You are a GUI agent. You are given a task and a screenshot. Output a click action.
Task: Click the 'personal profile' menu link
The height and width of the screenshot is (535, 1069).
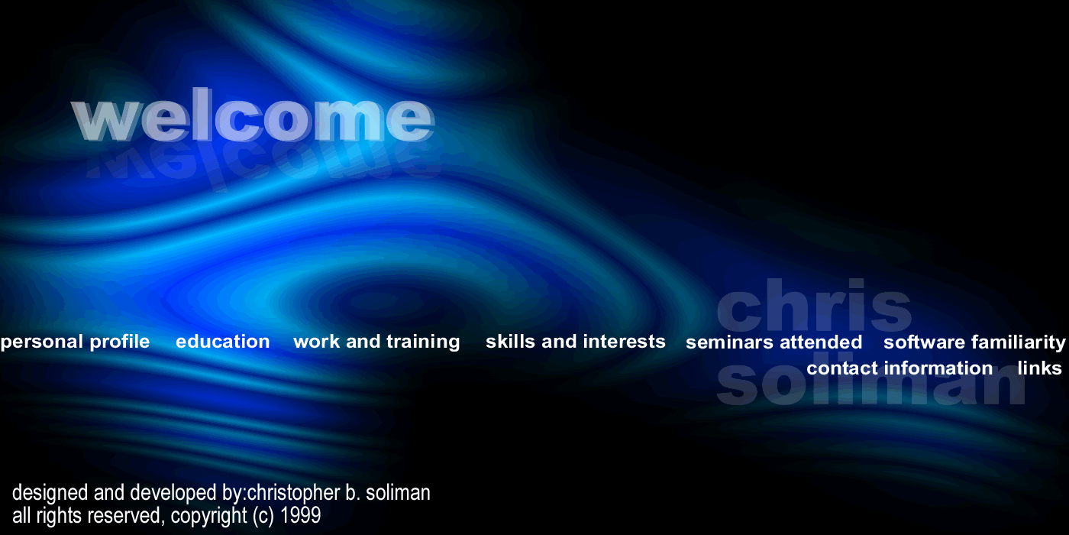(x=76, y=342)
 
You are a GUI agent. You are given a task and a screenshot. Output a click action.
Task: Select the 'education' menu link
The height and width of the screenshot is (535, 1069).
(x=223, y=342)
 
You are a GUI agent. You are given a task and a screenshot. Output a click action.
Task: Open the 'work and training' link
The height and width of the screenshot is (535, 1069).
(x=376, y=342)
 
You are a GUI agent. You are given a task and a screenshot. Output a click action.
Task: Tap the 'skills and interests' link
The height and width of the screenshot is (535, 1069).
(x=576, y=342)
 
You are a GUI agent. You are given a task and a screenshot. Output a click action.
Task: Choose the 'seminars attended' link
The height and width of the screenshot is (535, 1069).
(x=774, y=342)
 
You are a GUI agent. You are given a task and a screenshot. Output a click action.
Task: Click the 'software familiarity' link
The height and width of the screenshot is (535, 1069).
(x=974, y=343)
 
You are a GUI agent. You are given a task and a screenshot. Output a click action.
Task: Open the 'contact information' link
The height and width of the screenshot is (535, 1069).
(x=899, y=368)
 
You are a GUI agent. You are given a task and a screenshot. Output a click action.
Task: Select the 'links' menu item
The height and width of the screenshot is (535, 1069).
(x=1039, y=368)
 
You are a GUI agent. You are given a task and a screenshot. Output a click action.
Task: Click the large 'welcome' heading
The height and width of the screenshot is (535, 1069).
(x=253, y=115)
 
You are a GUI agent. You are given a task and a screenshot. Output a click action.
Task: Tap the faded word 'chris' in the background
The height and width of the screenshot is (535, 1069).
(x=814, y=305)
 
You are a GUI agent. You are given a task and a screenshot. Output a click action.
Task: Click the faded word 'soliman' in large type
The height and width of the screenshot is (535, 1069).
(x=871, y=382)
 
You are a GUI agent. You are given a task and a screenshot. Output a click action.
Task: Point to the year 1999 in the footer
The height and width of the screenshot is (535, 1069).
(x=300, y=515)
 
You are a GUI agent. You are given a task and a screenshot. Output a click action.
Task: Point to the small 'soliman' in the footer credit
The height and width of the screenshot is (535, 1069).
(x=398, y=492)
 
